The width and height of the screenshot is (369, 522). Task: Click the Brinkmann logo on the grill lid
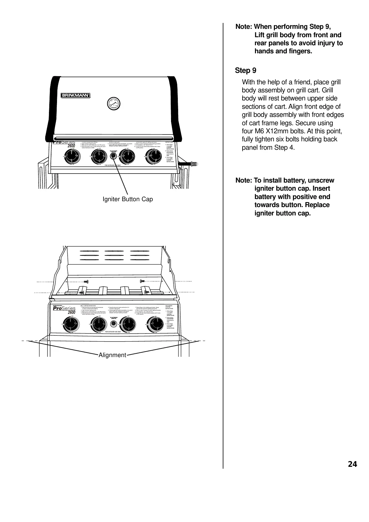pos(75,95)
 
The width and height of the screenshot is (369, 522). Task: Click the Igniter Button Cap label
pos(128,199)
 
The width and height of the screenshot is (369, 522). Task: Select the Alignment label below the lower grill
pos(112,355)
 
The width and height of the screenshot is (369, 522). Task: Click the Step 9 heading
pos(246,71)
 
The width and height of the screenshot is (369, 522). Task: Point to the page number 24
pos(352,464)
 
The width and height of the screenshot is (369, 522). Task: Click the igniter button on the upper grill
pos(113,157)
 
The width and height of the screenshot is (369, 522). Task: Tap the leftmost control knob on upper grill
pos(72,157)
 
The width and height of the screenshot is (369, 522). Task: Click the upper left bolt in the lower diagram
pos(86,281)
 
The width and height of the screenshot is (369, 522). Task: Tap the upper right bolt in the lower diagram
pos(142,281)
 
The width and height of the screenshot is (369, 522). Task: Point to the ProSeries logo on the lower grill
pos(64,308)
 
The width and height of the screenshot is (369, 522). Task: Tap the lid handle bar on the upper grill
pos(113,138)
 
